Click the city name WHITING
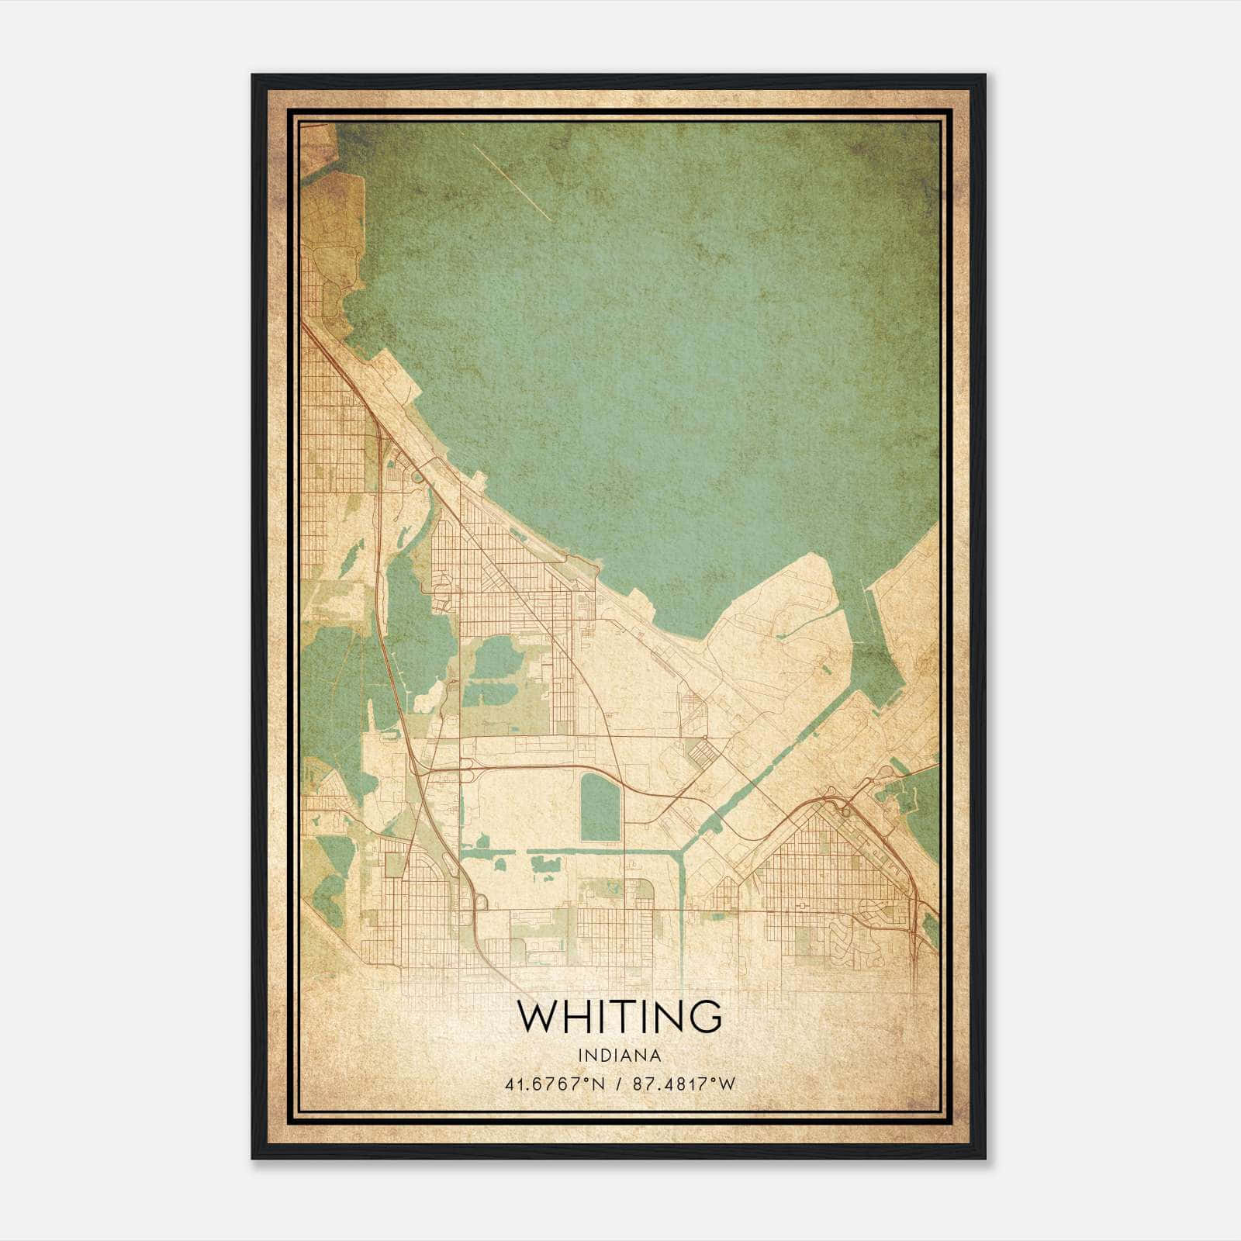click(620, 1016)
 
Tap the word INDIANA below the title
click(620, 1056)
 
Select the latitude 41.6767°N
click(553, 1084)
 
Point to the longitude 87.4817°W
click(683, 1084)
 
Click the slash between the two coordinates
click(618, 1084)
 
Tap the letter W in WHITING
click(537, 1016)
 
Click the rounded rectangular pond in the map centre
click(600, 807)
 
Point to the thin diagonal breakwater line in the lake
click(512, 182)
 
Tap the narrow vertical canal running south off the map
click(682, 907)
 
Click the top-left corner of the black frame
click(253, 75)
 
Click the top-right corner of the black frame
click(985, 75)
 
